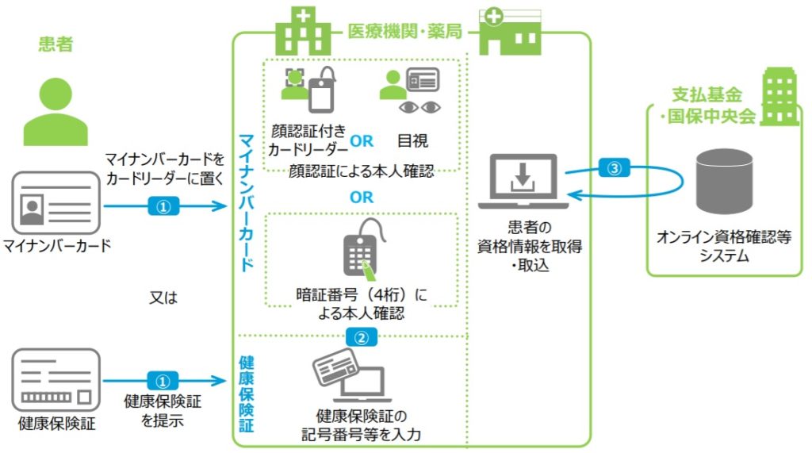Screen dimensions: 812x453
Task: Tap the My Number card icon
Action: coord(56,203)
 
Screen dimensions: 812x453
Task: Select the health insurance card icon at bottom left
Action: coord(56,380)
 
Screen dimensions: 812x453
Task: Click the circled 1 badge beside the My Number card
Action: coord(163,206)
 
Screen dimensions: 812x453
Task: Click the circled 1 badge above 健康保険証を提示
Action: coord(163,381)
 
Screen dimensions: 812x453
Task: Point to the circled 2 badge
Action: coord(361,337)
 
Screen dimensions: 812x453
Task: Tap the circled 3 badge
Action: coord(615,168)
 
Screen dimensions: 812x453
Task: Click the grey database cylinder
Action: coord(724,182)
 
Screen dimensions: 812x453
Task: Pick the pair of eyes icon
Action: coord(419,107)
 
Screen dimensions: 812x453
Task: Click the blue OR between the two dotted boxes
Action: coord(362,197)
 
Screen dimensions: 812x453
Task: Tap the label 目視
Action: coord(412,140)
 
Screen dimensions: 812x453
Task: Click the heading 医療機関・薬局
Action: coord(404,32)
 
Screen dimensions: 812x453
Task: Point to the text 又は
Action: coord(163,297)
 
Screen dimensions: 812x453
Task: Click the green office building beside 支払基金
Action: coord(779,97)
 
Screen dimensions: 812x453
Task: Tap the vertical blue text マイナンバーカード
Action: coord(247,202)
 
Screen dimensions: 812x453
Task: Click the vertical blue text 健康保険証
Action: coord(247,394)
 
